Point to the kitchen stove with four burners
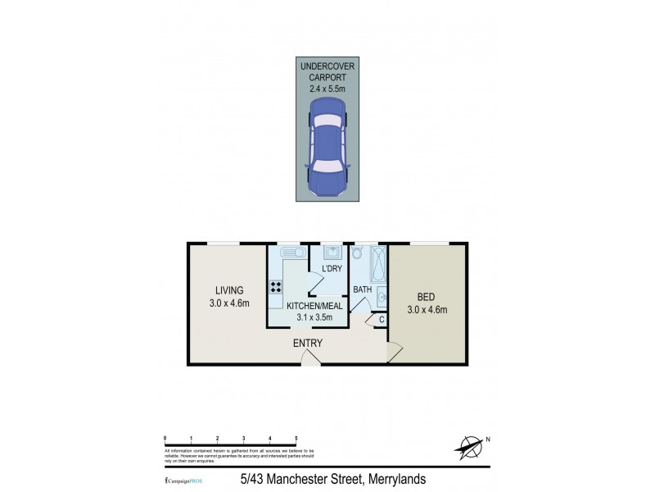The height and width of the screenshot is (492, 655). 276,288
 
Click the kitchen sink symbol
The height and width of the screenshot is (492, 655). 290,254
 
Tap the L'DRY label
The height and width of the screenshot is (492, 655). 332,269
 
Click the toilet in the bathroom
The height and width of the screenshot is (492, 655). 358,255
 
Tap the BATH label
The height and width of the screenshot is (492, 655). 363,289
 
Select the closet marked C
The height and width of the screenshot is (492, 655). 381,319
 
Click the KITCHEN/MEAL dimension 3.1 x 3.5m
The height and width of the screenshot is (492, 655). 316,317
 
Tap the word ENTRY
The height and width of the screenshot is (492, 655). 308,343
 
